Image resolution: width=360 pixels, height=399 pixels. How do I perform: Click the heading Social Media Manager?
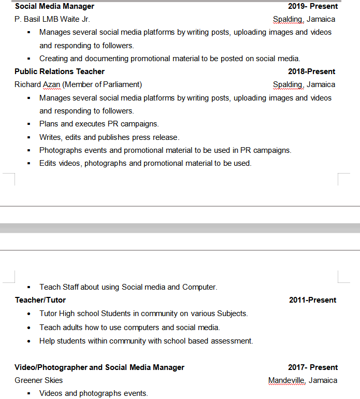(54, 6)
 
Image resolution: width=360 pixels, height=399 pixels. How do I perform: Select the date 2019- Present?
(313, 6)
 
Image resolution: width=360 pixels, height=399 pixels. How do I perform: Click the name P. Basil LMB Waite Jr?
(52, 19)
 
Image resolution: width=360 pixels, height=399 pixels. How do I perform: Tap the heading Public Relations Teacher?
(60, 72)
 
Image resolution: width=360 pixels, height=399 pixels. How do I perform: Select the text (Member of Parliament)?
(102, 84)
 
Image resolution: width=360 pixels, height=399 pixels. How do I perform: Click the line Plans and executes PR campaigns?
(99, 124)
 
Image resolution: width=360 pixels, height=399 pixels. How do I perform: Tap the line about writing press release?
(109, 137)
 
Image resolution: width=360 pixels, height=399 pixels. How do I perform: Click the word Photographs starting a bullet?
(61, 150)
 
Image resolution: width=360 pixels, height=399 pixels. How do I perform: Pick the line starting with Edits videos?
(145, 163)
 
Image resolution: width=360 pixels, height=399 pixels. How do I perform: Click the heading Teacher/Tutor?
(40, 300)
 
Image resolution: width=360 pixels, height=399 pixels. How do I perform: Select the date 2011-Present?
(313, 300)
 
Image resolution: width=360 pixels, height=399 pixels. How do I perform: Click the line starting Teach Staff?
(128, 287)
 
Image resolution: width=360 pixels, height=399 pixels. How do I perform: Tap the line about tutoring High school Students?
(143, 313)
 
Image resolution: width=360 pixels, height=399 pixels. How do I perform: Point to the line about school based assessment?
(146, 341)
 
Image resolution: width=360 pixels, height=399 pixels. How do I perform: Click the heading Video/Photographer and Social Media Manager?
(99, 367)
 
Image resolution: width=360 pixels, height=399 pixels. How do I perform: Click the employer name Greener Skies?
(39, 380)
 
